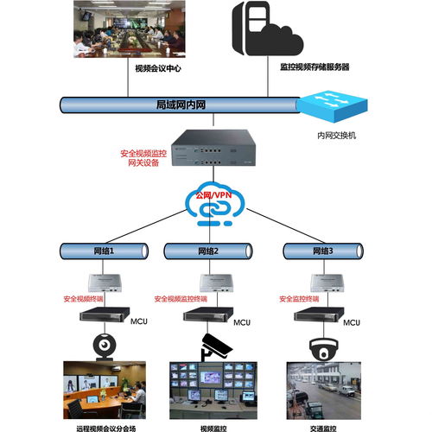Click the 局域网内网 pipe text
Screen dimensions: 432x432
(181, 105)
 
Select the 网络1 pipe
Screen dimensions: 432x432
(105, 251)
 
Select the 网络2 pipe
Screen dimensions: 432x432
(208, 251)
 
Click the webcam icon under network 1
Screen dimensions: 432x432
(106, 344)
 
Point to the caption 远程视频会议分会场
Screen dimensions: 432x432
(105, 425)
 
